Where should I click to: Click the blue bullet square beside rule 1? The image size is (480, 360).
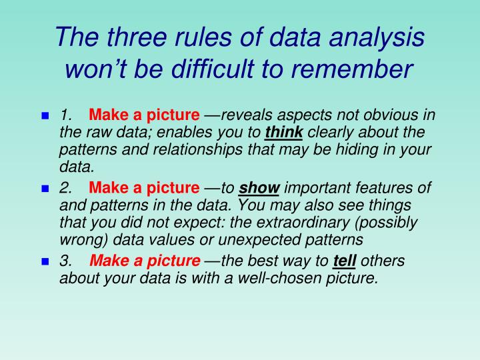(45, 115)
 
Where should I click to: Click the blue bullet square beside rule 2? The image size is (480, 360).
(45, 189)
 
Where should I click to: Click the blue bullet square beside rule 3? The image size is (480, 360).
(45, 261)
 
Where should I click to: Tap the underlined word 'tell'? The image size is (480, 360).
(343, 261)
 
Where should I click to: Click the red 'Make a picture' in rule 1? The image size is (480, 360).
(144, 115)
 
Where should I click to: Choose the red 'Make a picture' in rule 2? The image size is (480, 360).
(144, 189)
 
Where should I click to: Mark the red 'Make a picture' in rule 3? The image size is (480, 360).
(144, 261)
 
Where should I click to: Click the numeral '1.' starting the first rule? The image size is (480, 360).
(66, 115)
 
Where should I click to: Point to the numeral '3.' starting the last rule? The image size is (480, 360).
(66, 261)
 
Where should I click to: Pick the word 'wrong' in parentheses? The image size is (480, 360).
(79, 238)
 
